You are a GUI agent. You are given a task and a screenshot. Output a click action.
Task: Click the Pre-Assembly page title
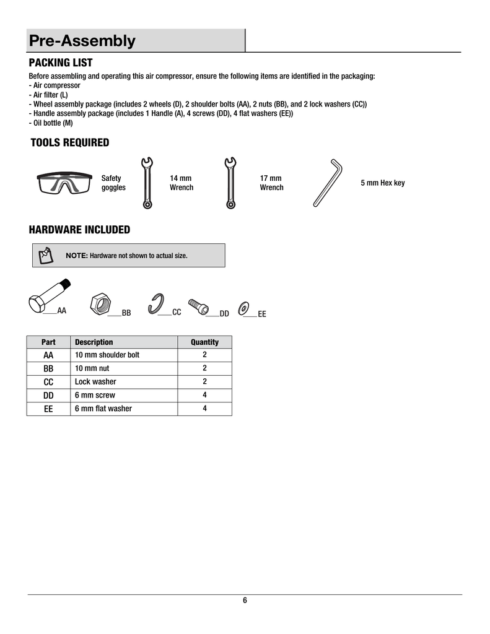tap(82, 41)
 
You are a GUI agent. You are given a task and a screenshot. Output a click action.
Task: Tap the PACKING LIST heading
tap(61, 63)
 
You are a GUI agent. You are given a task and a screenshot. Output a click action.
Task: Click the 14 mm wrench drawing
tap(147, 183)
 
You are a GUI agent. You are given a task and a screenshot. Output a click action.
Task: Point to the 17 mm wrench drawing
tap(229, 183)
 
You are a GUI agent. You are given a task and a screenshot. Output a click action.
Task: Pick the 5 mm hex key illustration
tap(328, 183)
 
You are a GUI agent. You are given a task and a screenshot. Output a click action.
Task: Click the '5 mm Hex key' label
tap(382, 183)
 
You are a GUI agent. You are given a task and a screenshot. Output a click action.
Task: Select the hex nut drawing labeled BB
tap(100, 304)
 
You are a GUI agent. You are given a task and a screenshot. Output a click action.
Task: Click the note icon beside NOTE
tap(46, 255)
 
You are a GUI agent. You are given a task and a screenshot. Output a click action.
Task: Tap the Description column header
tap(94, 342)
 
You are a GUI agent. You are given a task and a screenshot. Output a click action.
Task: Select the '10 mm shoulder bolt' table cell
tap(107, 355)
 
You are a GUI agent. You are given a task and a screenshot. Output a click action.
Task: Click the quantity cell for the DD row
tap(204, 395)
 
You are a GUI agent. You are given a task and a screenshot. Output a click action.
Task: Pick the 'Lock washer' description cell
tap(95, 382)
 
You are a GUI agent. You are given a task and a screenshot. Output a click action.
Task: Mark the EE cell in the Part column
tap(48, 409)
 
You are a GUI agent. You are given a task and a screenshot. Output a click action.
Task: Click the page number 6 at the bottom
tap(245, 601)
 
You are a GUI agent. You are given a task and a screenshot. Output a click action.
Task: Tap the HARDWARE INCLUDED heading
tap(79, 230)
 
